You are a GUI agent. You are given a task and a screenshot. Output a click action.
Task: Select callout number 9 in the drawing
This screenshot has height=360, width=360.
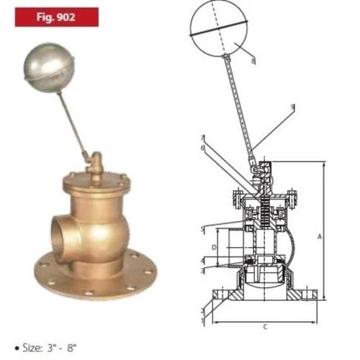pyautogui.click(x=293, y=107)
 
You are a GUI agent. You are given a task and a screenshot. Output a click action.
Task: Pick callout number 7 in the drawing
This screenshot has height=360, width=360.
pyautogui.click(x=204, y=138)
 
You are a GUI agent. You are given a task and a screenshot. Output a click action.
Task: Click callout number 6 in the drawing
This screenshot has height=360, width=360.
pyautogui.click(x=204, y=148)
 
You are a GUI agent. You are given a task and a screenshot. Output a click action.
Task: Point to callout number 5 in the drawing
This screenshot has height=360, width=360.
pyautogui.click(x=203, y=229)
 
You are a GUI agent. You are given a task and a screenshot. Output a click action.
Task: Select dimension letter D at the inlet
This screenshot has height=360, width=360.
pyautogui.click(x=214, y=247)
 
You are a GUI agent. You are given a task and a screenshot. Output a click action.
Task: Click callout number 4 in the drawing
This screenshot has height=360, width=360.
pyautogui.click(x=202, y=259)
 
